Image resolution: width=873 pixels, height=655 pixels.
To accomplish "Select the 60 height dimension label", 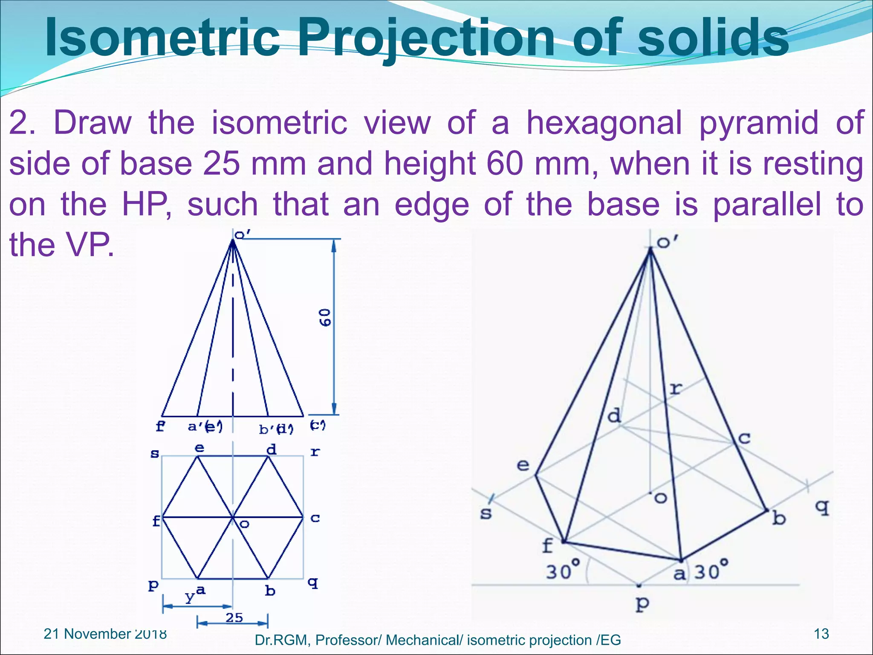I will pos(325,317).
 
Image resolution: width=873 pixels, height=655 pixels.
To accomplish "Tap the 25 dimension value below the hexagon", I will pos(234,617).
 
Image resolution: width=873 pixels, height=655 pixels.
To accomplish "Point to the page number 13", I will pos(821,634).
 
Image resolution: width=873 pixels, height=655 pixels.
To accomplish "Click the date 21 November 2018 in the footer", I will pos(105,634).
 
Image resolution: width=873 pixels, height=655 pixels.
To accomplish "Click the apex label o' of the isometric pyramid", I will pos(667,242).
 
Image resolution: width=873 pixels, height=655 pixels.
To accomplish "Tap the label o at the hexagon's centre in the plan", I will pos(244,524).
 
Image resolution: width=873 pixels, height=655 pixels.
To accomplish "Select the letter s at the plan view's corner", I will pos(155,453).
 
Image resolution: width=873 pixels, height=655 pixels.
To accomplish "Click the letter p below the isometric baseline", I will pos(642,604).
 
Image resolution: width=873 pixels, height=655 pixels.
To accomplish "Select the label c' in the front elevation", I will pos(317,425).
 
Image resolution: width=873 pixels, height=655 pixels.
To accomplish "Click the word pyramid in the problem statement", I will pos(759,123).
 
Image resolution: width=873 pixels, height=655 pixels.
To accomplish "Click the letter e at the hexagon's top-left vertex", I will pos(199,448).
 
